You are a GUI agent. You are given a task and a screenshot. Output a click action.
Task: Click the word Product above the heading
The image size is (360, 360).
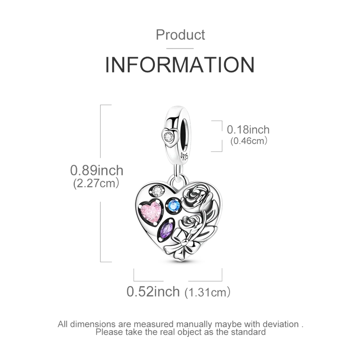(180, 35)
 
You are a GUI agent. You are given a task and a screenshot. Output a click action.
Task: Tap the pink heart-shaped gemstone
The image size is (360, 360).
(151, 210)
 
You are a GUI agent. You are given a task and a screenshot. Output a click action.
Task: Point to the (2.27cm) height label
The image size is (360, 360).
(95, 183)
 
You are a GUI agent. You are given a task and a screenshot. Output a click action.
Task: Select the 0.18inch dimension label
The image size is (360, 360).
(248, 130)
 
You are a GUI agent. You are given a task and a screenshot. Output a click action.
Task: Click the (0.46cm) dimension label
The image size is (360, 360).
(248, 140)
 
